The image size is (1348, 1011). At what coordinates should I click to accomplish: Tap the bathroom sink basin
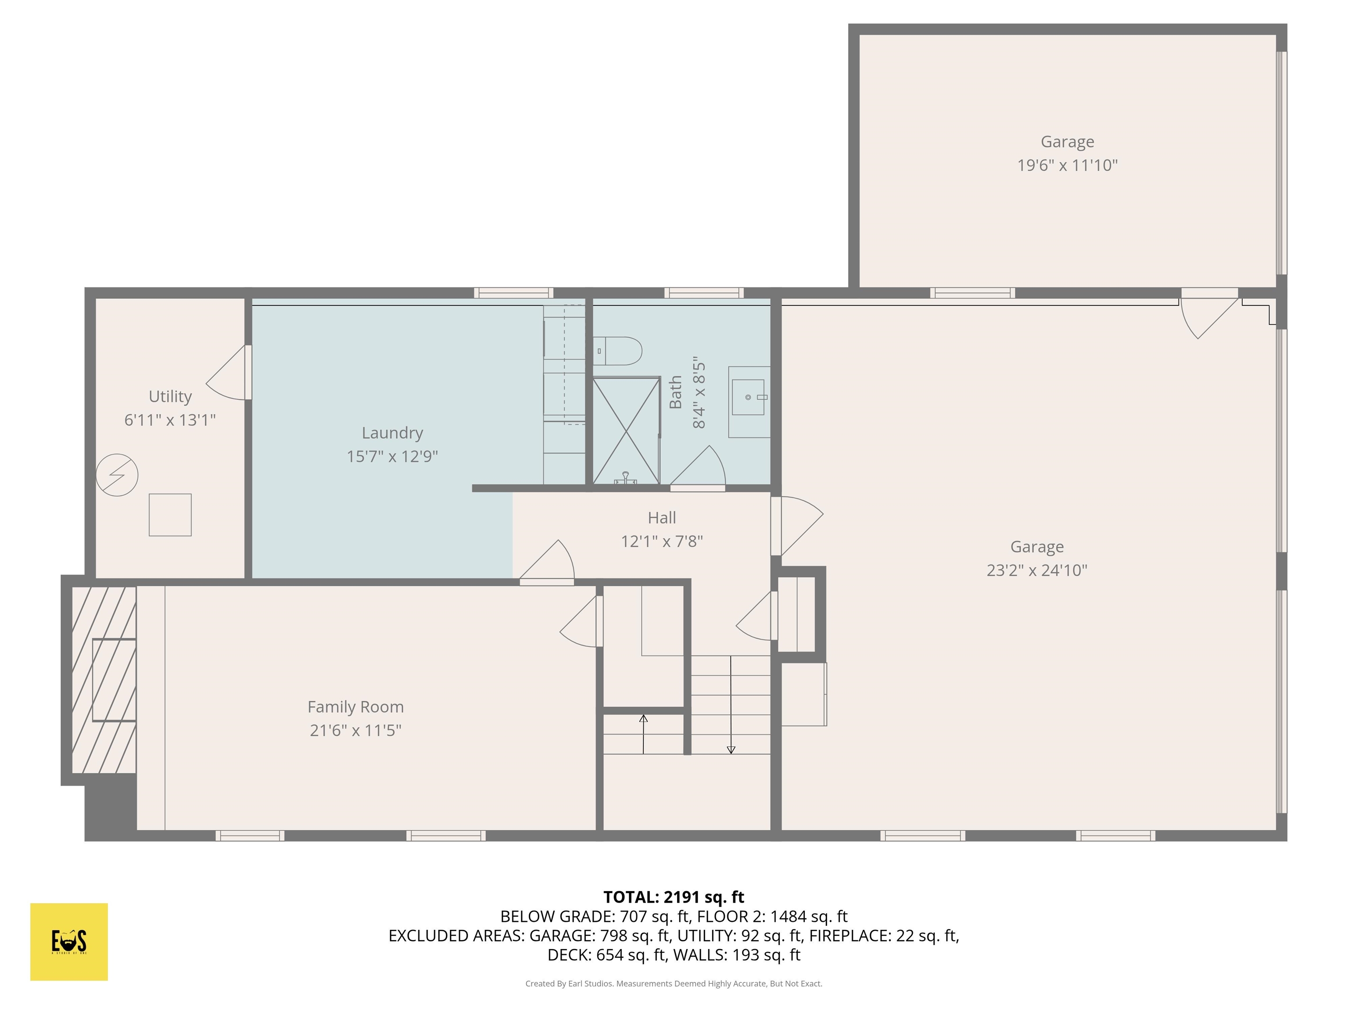[748, 397]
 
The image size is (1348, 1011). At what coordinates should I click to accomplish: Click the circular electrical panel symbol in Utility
[117, 475]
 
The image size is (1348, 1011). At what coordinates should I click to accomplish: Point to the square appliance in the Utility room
[170, 515]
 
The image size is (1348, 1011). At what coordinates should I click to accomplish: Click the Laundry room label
[392, 433]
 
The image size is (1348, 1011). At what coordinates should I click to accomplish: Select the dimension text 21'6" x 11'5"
[355, 730]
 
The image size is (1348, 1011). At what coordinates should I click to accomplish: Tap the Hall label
[661, 517]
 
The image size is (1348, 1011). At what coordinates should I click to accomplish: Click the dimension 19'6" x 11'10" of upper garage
[1067, 165]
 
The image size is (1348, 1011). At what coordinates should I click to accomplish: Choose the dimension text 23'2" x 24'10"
[1036, 570]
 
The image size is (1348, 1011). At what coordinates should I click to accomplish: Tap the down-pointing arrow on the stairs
[731, 749]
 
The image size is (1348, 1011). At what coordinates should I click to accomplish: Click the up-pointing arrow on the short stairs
[643, 719]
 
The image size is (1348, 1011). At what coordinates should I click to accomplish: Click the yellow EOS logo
[69, 942]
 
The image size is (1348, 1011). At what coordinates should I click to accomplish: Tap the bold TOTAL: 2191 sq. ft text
[674, 897]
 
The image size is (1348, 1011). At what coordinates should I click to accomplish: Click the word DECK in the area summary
[568, 955]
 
